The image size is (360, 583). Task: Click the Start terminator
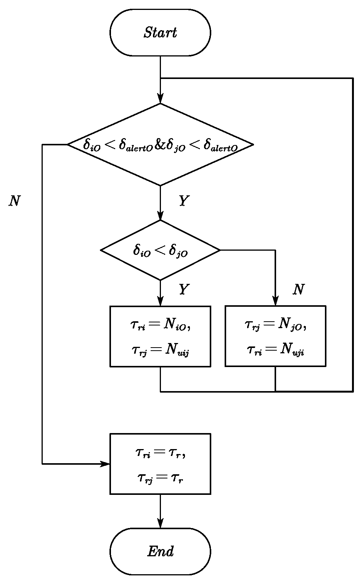pos(160,33)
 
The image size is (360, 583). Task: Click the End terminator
pos(160,551)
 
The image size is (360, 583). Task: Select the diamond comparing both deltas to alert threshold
pos(160,145)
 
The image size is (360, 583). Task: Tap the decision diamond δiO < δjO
pos(160,250)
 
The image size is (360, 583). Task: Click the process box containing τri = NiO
pos(160,336)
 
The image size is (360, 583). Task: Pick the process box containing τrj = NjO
pos(275,336)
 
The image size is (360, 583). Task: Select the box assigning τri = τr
pos(160,464)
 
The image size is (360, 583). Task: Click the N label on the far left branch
pos(14,201)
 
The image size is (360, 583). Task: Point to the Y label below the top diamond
pos(184,201)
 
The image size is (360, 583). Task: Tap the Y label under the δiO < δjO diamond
pos(184,290)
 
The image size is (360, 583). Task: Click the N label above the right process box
pos(298,290)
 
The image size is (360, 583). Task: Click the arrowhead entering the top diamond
pos(160,99)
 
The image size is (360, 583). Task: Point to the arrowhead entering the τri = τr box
pos(105,464)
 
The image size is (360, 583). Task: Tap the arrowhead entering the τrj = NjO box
pos(275,301)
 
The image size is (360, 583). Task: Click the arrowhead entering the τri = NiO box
pos(160,301)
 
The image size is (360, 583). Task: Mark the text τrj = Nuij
pos(160,350)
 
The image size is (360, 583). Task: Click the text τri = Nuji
pos(275,350)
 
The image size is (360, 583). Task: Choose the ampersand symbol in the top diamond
pos(159,145)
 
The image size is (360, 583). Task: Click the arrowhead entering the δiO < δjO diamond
pos(160,216)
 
